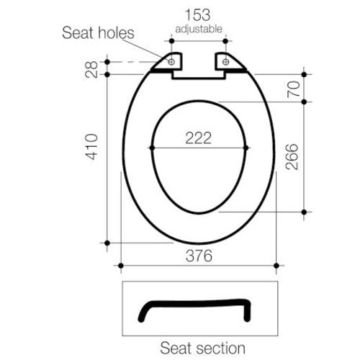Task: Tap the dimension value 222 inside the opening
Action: point(197,138)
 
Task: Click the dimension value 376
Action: point(197,255)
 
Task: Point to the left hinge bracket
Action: point(170,64)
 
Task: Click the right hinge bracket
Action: point(229,64)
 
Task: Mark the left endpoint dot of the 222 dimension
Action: point(150,148)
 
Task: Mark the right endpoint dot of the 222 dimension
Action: point(247,148)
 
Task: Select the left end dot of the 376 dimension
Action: point(121,265)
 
